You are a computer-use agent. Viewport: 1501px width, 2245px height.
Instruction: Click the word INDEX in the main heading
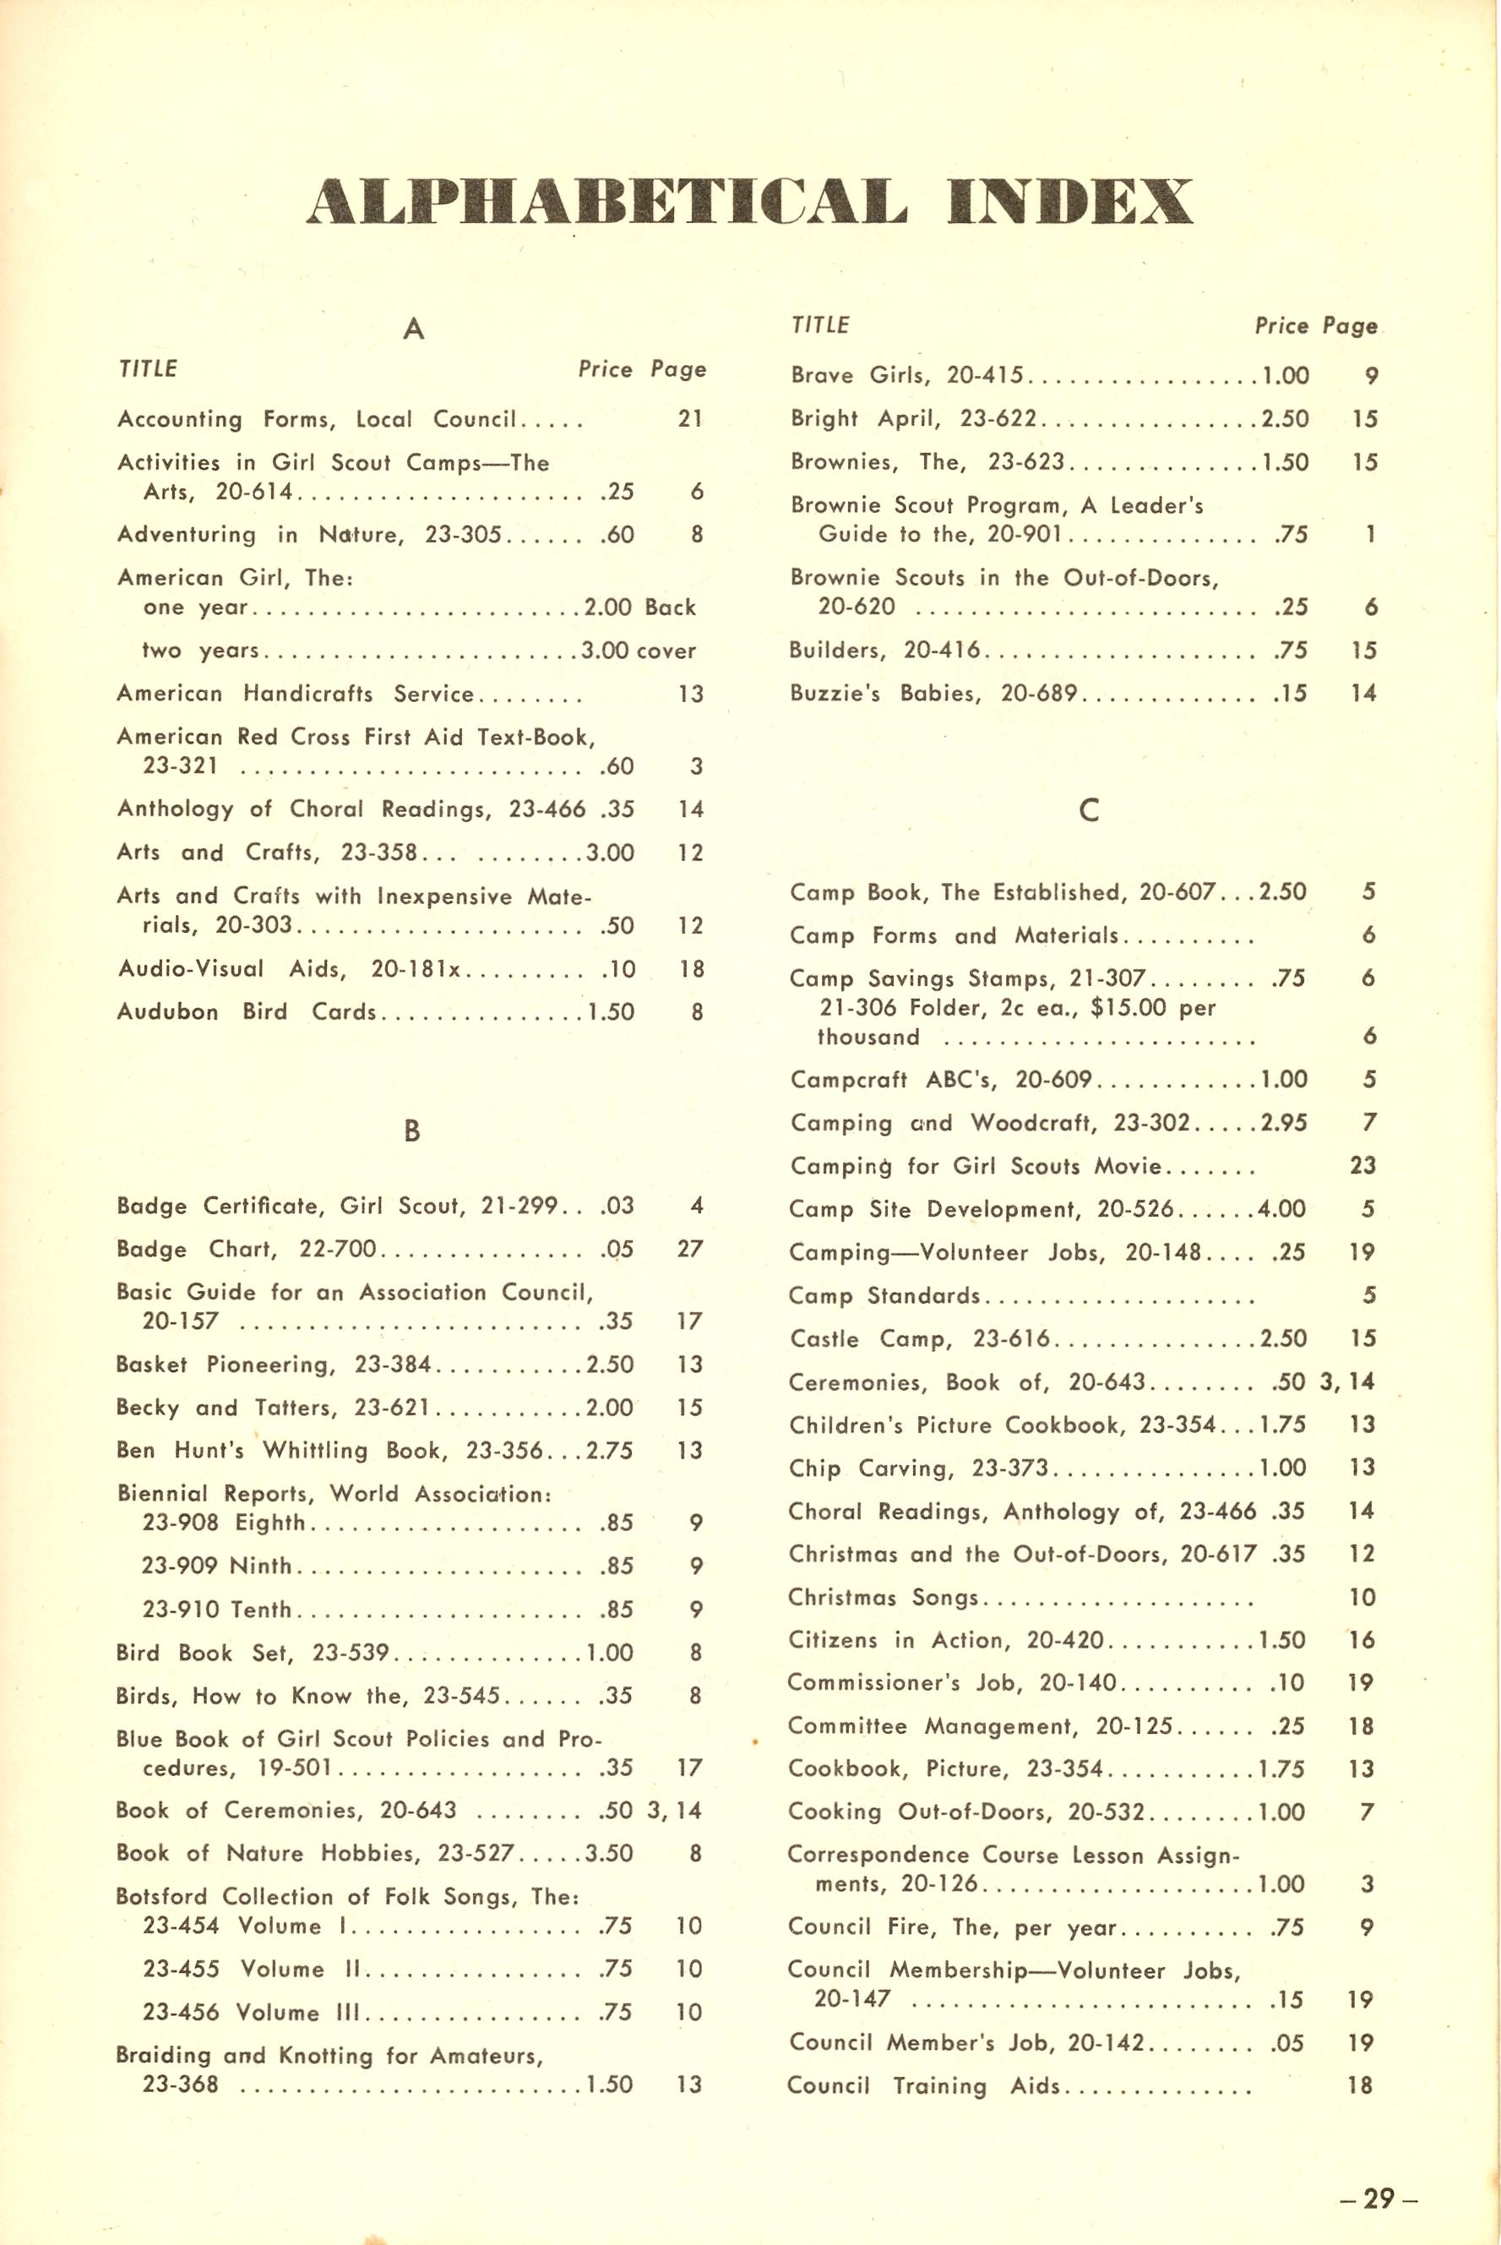point(1069,201)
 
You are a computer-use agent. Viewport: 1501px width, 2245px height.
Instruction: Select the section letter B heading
point(411,1131)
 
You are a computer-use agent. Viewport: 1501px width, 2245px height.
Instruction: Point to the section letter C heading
point(1089,810)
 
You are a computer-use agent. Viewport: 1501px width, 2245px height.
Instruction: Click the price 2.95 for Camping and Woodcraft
point(1283,1122)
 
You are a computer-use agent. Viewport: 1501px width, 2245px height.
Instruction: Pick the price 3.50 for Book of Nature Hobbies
point(609,1852)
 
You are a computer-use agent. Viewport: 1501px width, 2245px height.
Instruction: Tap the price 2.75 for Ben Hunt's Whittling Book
point(609,1451)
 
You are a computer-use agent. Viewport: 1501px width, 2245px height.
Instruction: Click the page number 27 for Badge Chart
point(689,1248)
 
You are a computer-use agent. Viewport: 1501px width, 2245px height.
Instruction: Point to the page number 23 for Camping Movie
point(1362,1165)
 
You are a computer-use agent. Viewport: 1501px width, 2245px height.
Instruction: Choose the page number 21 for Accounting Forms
point(689,418)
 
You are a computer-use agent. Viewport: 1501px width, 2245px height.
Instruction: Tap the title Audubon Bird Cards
point(246,1012)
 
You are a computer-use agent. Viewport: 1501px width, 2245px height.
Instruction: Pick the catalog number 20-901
point(1025,534)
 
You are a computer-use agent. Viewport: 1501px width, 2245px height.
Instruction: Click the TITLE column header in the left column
point(148,369)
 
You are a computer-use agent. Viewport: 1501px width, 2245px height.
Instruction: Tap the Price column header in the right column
point(1281,325)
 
